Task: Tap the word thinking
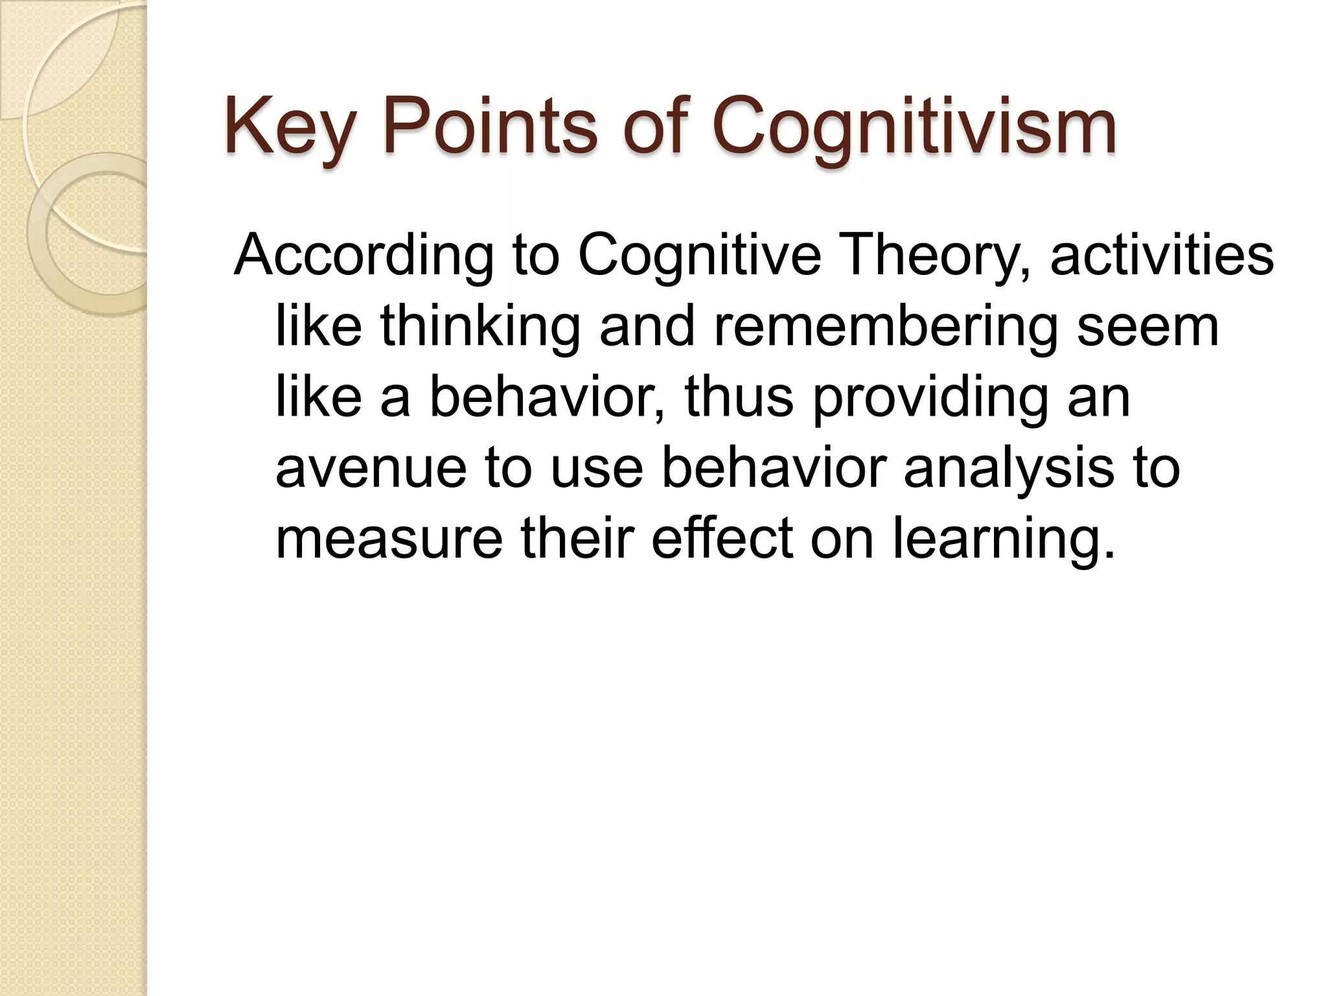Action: [479, 327]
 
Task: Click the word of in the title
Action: [654, 126]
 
